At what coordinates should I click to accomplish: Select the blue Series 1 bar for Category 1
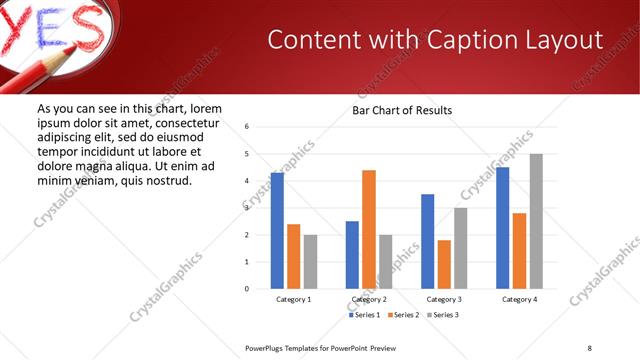[277, 230]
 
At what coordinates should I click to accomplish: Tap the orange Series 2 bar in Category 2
[369, 229]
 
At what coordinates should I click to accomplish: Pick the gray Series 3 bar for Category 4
[536, 221]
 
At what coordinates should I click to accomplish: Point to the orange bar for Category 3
[444, 264]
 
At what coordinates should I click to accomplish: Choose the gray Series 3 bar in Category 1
[311, 262]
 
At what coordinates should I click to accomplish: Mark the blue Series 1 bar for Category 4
[502, 227]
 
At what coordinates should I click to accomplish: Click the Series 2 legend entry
[403, 315]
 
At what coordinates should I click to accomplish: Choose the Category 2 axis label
[369, 299]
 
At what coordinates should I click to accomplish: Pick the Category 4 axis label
[519, 299]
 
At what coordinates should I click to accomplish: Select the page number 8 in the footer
[590, 347]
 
